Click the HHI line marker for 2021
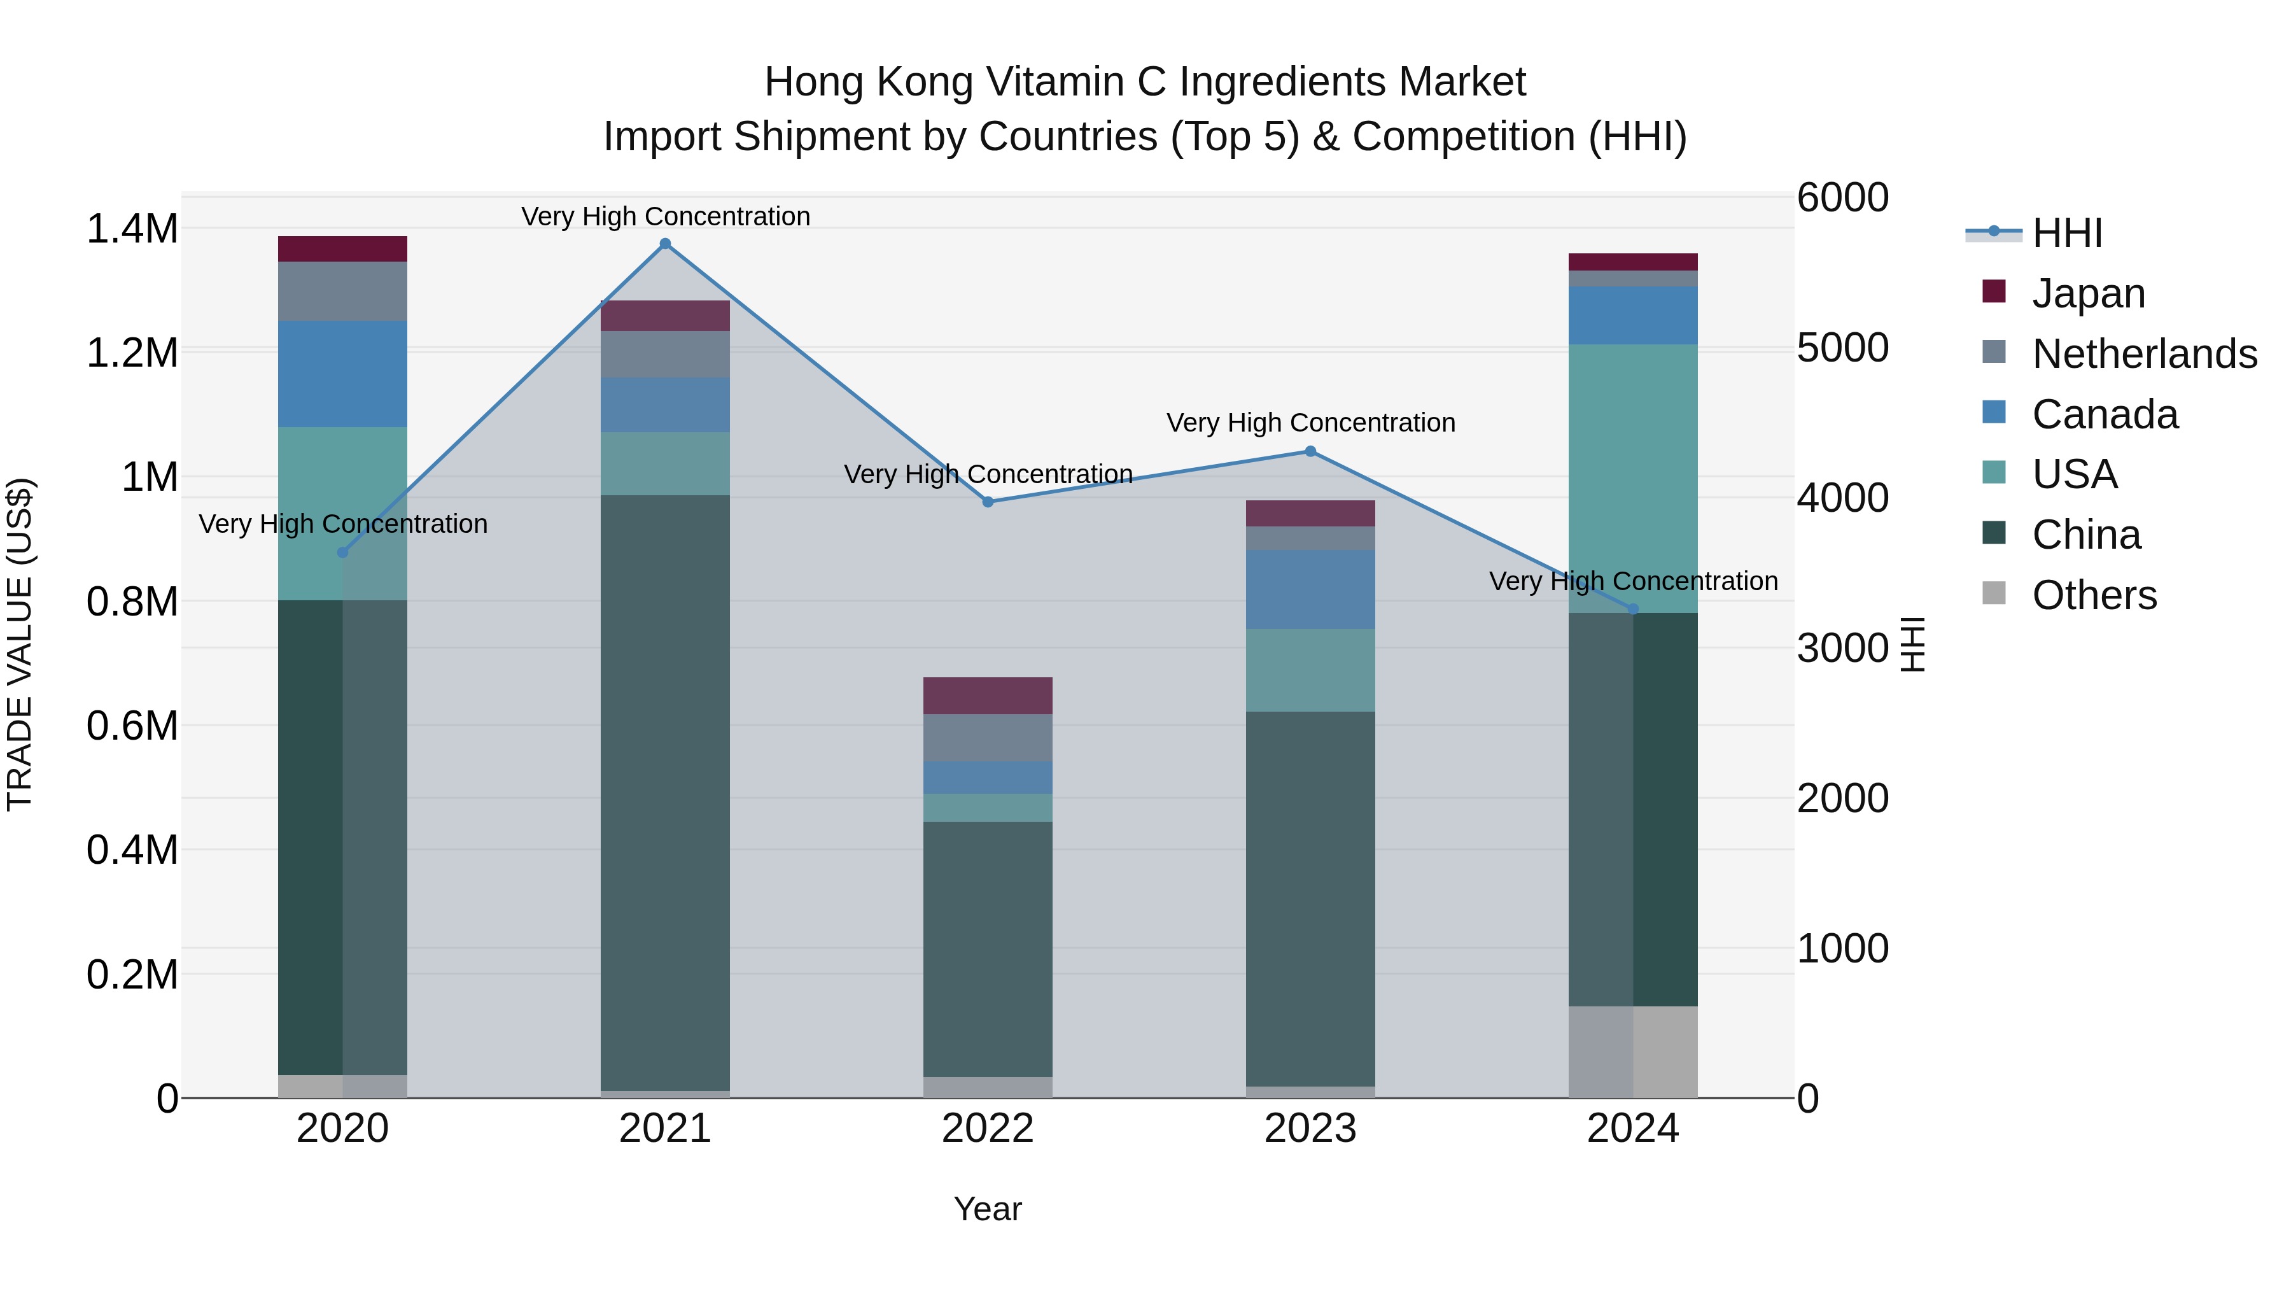[x=665, y=244]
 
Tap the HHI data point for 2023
[x=1310, y=451]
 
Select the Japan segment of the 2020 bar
[x=342, y=249]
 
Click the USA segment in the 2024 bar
[x=1633, y=477]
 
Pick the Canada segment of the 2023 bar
[x=1310, y=589]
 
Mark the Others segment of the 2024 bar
[x=1633, y=1052]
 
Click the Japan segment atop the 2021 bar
[x=665, y=316]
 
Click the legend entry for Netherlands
[x=2143, y=354]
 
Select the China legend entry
[x=2085, y=535]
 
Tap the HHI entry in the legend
[x=2066, y=233]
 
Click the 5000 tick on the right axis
[x=1842, y=348]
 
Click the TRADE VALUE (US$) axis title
[x=20, y=644]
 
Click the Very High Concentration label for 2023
[x=1310, y=423]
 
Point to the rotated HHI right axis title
[x=1912, y=644]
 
